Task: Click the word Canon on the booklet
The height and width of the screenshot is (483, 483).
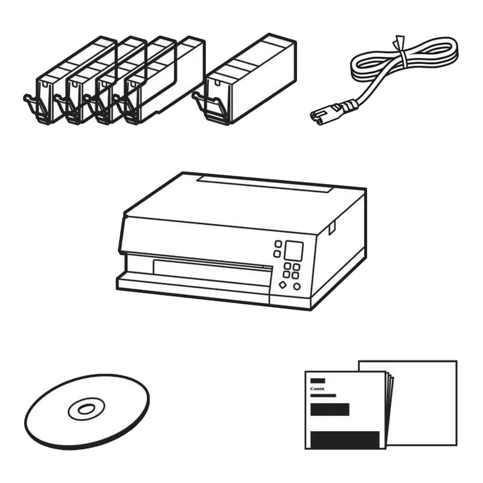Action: tap(318, 389)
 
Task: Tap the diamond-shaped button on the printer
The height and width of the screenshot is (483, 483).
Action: tap(283, 285)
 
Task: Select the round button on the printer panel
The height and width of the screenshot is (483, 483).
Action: tap(296, 287)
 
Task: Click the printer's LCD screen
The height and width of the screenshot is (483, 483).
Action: tap(293, 251)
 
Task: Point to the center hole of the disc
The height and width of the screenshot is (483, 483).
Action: tap(86, 409)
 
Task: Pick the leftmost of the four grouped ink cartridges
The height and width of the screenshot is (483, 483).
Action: tap(70, 81)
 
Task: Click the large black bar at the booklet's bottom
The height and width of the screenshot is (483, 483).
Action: tap(345, 440)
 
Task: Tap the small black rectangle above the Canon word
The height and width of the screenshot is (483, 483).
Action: tap(318, 381)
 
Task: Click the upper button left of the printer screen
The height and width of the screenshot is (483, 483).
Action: tap(278, 244)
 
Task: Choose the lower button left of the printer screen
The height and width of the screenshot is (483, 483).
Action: tap(277, 254)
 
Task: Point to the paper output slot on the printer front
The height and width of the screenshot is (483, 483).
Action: tap(213, 271)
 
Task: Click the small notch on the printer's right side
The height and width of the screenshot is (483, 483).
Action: tap(331, 229)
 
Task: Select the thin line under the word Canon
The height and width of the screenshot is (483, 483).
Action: tap(323, 395)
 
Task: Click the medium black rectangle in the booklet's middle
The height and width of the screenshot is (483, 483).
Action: tap(330, 409)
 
